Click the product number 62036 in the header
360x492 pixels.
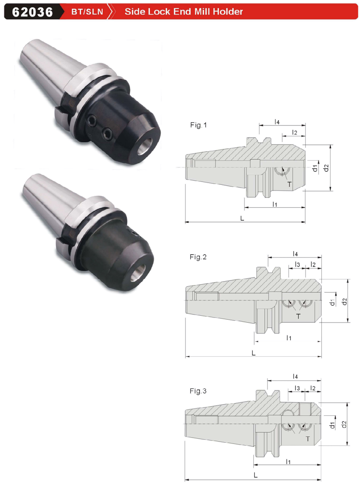coord(32,12)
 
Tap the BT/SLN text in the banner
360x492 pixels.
coord(87,12)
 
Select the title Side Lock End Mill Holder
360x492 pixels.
coord(184,11)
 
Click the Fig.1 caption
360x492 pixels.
coord(199,125)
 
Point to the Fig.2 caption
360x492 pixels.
coord(198,257)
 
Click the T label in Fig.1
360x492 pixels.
coord(290,184)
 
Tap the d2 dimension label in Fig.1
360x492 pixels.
coord(326,168)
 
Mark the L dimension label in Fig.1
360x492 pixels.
coord(242,218)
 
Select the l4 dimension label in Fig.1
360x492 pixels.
coord(277,122)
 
